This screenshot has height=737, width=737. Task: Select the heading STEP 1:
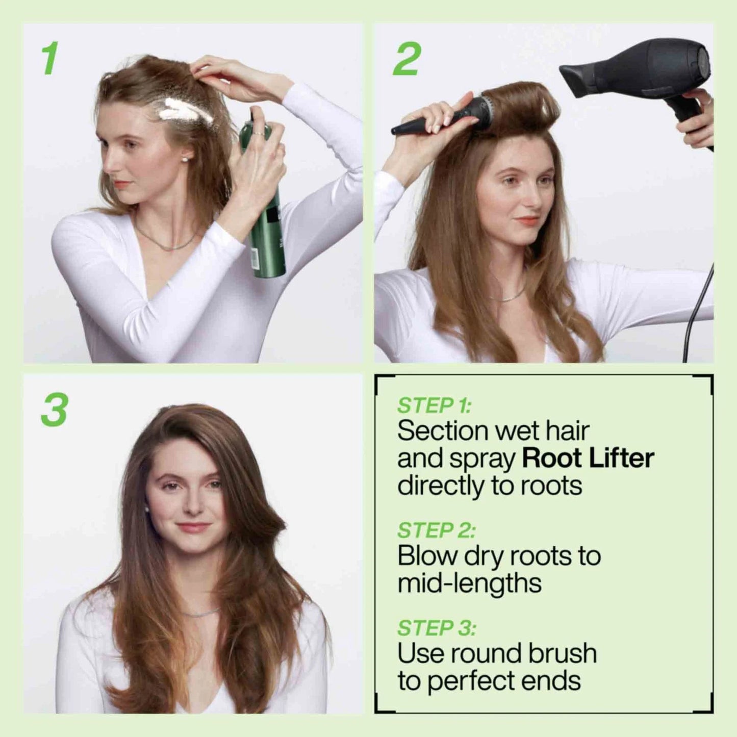click(x=434, y=405)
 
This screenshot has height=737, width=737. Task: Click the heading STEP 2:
click(x=436, y=530)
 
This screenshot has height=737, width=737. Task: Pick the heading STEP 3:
click(x=436, y=628)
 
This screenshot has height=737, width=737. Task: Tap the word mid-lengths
click(x=469, y=583)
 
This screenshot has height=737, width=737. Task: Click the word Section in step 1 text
click(x=441, y=431)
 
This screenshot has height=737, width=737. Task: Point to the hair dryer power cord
click(x=699, y=306)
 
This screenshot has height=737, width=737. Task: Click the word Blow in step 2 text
click(x=426, y=556)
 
